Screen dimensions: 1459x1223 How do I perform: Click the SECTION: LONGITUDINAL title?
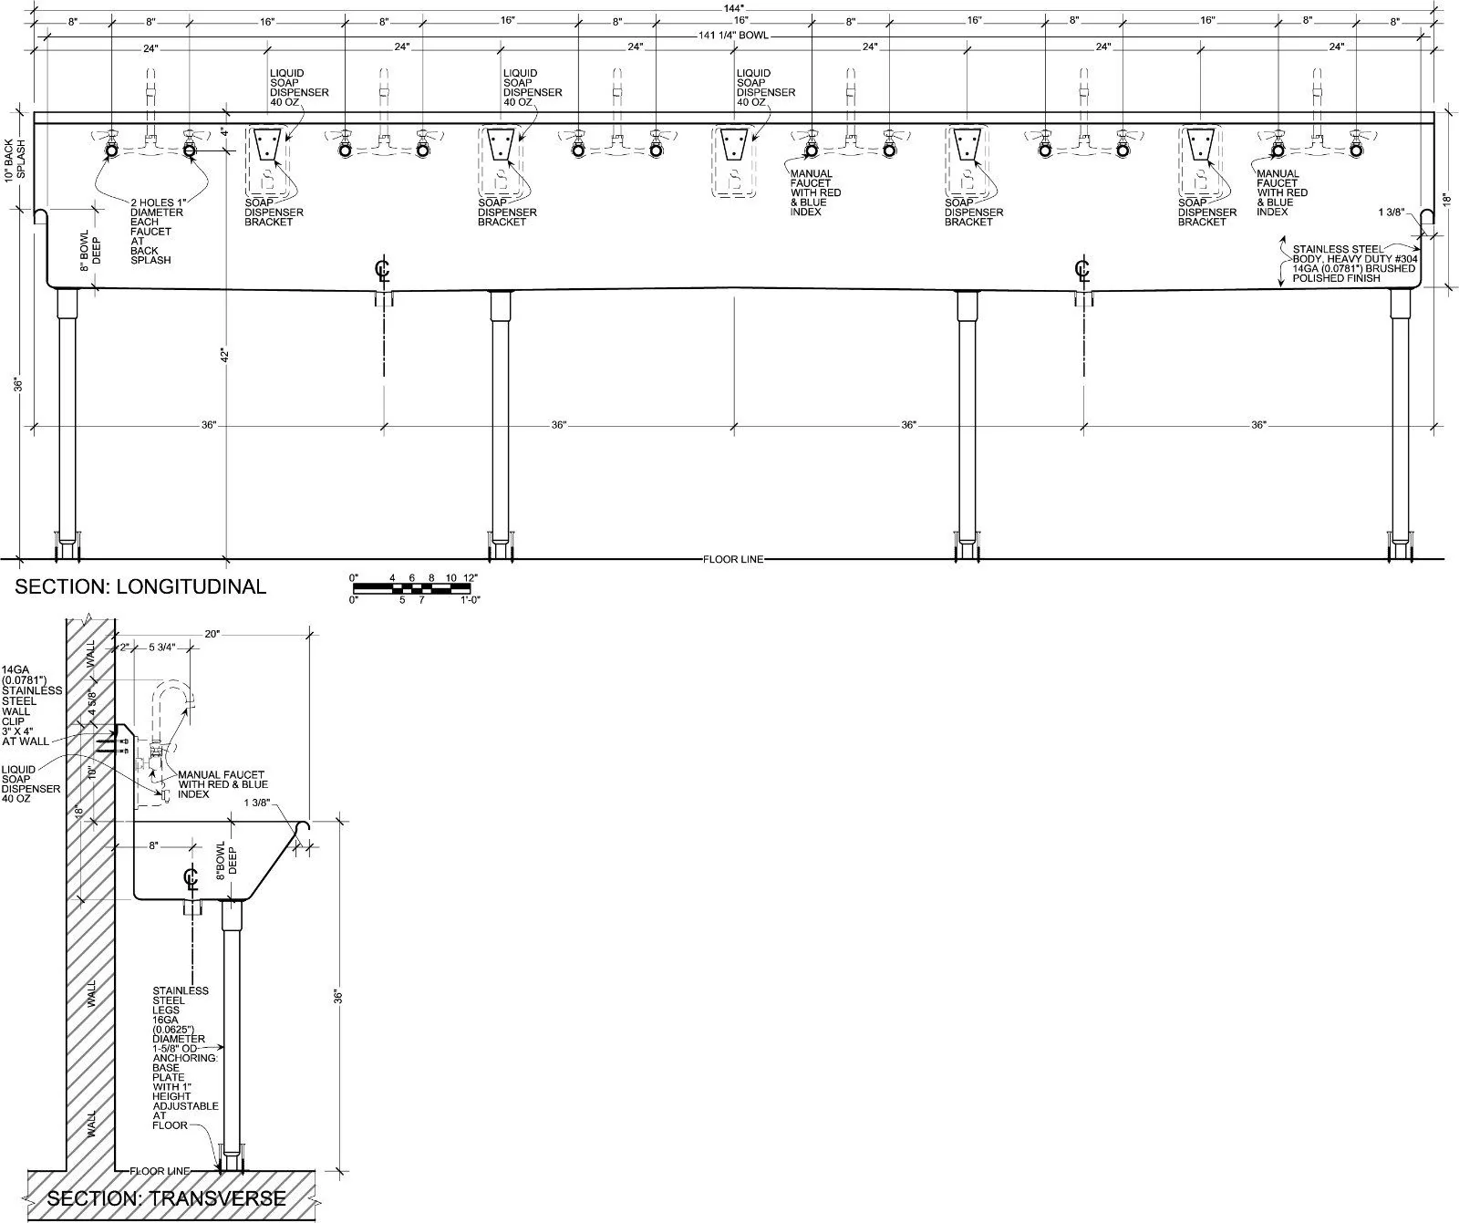point(140,586)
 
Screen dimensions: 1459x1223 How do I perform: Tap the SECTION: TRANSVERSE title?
point(166,1197)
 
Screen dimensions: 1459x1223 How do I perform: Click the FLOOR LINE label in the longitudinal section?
point(733,559)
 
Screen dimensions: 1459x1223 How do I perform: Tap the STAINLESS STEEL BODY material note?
point(1354,263)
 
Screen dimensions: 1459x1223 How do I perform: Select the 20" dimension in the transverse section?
point(212,634)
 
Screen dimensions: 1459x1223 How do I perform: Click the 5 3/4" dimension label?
point(163,648)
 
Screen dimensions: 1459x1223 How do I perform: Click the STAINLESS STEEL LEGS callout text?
point(185,1058)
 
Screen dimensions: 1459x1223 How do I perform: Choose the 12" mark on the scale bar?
point(470,577)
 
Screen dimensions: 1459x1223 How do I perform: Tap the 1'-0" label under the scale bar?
point(470,600)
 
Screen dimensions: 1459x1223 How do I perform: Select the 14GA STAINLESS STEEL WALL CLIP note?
point(32,706)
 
